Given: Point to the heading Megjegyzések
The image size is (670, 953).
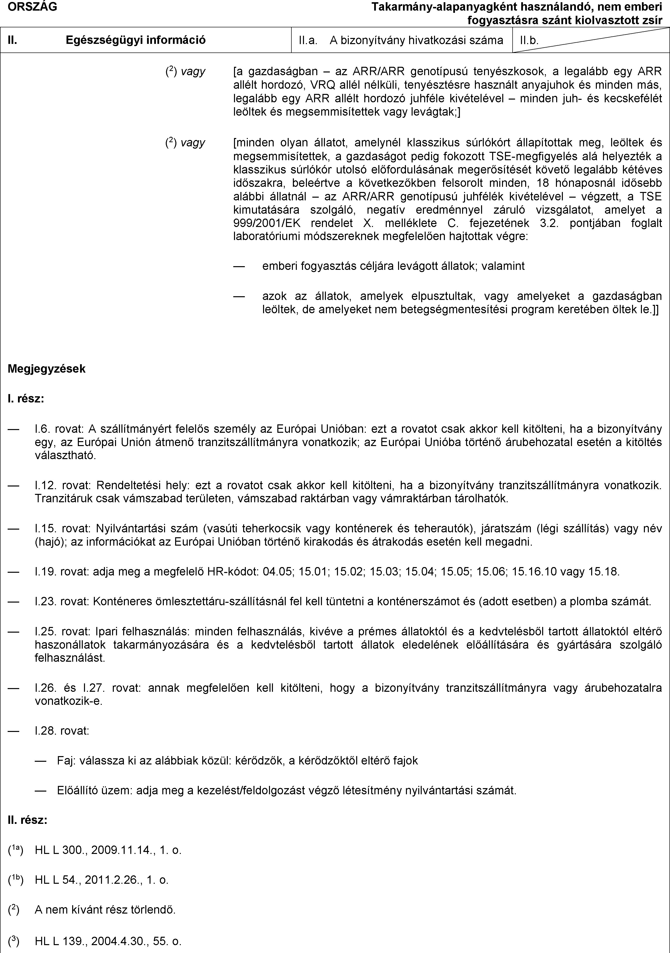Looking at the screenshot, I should (x=47, y=369).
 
